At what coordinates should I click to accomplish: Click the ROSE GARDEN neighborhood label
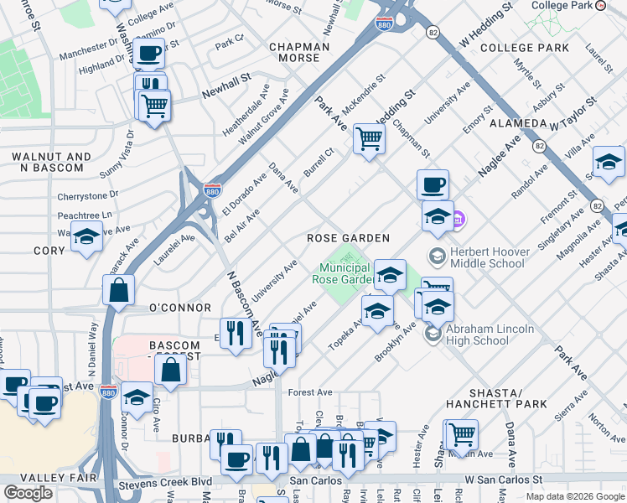[x=348, y=238]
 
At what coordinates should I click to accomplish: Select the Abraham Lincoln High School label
[x=490, y=334]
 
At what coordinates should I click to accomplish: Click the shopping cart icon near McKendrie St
[x=369, y=138]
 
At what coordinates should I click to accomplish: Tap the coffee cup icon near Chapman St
[x=433, y=184]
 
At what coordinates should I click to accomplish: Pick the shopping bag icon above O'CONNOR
[x=119, y=290]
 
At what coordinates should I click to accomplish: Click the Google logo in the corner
[x=28, y=493]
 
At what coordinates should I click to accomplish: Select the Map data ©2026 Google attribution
[x=575, y=496]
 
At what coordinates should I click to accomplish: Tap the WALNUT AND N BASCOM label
[x=47, y=162]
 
